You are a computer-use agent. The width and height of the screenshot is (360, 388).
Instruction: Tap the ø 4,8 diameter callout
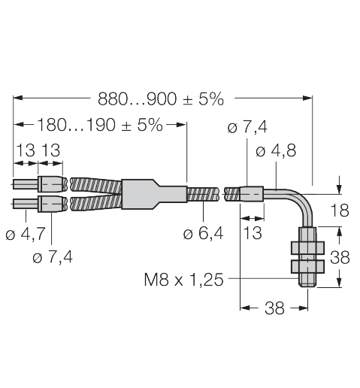276,150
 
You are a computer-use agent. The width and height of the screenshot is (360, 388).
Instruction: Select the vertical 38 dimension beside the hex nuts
340,258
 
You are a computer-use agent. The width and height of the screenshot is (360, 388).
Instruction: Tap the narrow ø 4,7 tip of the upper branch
23,183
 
